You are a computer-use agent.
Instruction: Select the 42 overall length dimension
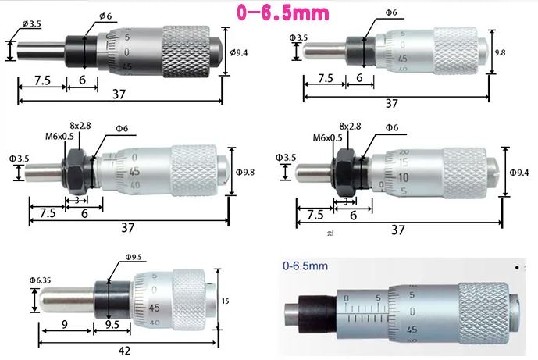[124, 351]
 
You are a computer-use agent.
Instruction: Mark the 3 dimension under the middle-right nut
[344, 201]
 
